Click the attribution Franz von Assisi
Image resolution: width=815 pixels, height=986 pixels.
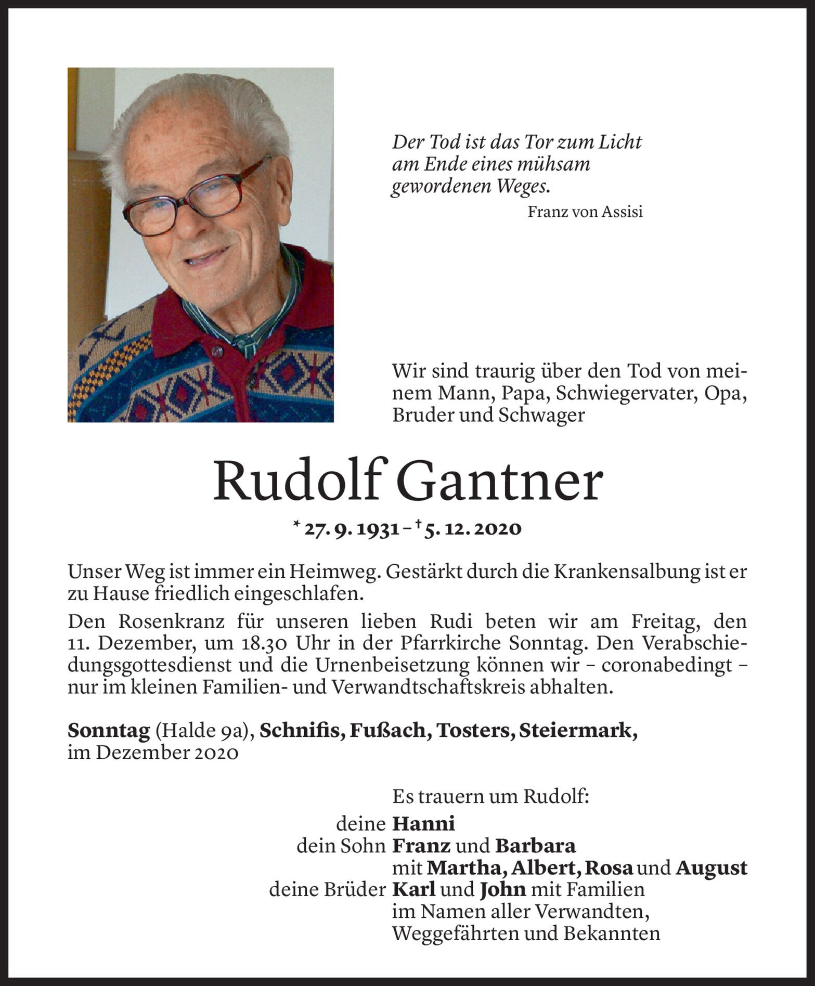coord(585,212)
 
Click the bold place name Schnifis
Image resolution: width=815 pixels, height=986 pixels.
coord(302,731)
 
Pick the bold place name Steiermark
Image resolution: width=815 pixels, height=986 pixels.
coord(577,731)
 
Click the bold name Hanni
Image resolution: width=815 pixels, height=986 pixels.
coord(423,824)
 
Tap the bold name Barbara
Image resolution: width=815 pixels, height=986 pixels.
coord(535,846)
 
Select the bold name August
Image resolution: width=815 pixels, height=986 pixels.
coord(711,868)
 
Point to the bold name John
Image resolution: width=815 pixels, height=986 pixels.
coord(502,890)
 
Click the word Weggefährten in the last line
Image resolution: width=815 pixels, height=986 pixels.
coord(455,933)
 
